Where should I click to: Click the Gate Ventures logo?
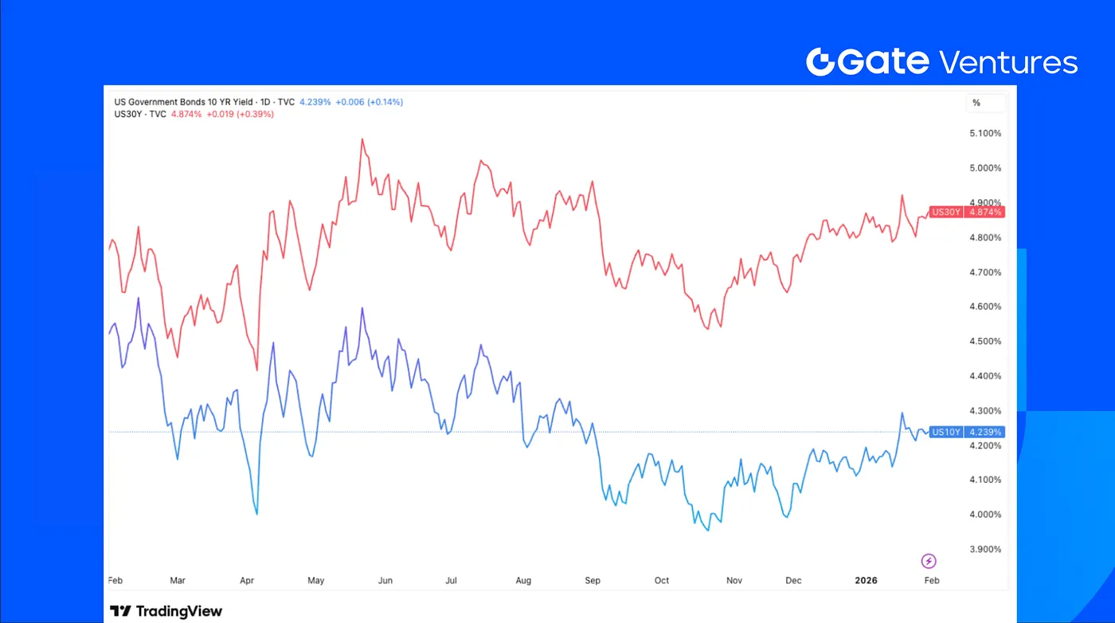point(941,61)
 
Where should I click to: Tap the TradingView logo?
point(166,611)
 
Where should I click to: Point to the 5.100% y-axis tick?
point(984,134)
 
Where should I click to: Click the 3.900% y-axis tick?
point(984,549)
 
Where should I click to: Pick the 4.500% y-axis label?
point(984,342)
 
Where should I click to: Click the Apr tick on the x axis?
point(246,581)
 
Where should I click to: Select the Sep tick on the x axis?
point(593,581)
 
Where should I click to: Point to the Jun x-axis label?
point(385,581)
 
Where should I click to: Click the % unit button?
point(976,103)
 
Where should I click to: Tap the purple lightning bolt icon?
point(928,561)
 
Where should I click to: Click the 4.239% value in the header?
point(315,102)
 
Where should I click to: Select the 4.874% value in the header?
point(186,114)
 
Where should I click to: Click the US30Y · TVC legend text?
point(141,114)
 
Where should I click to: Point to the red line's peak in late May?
point(362,139)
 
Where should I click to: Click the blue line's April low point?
point(256,514)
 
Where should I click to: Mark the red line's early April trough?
point(256,370)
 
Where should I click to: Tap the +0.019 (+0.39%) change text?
point(240,114)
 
